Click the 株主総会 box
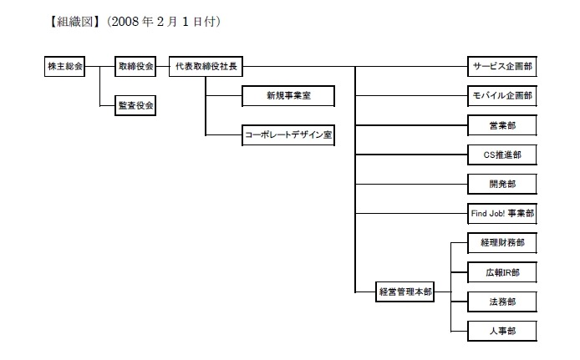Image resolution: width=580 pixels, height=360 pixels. pos(64,67)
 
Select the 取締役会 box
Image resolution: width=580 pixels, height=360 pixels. pos(135,67)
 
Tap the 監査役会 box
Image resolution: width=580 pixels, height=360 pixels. pos(135,105)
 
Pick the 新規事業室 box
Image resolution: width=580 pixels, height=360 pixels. pos(288,97)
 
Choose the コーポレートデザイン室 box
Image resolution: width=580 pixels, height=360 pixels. pos(288,134)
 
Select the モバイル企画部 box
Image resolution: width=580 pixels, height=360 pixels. pos(501,96)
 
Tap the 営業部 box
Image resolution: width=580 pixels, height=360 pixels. pos(501,125)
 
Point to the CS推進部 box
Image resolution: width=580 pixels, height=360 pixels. pos(501,155)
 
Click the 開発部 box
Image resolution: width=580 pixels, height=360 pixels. pos(501,184)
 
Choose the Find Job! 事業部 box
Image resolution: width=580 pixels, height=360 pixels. pos(501,213)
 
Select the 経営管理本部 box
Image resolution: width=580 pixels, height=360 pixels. pos(405,292)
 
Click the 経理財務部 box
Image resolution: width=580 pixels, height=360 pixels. pos(501,242)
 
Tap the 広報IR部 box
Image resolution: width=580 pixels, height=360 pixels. pos(501,271)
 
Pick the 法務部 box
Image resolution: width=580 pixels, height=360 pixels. pos(501,301)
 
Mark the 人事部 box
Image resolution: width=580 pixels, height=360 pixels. pos(501,331)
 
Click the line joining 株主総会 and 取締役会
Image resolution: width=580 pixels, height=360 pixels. pos(99,67)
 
